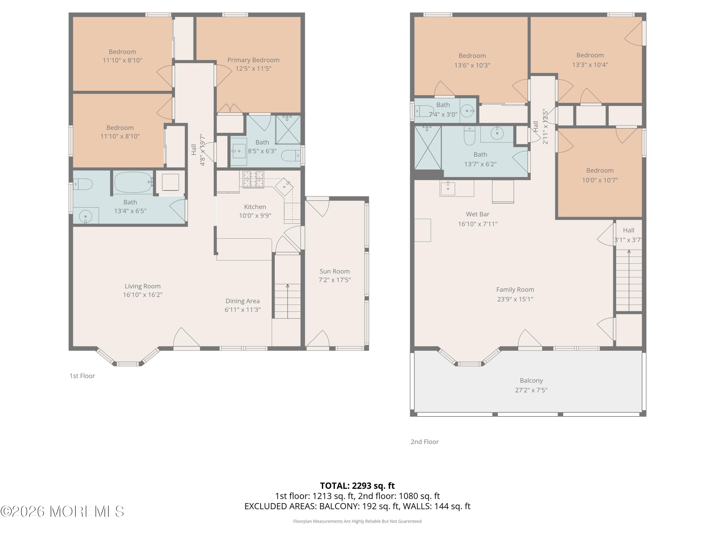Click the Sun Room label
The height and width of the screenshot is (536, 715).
335,271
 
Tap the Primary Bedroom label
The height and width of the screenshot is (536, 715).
253,60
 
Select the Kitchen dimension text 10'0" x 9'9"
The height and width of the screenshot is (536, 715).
255,216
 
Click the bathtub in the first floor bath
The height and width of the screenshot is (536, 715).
133,182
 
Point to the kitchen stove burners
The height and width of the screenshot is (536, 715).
253,179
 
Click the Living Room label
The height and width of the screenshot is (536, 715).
143,286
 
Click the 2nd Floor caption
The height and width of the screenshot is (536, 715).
424,442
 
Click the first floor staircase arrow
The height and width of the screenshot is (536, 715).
287,301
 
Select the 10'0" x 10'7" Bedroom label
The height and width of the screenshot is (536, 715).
600,171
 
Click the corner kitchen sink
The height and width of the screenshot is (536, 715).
284,187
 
